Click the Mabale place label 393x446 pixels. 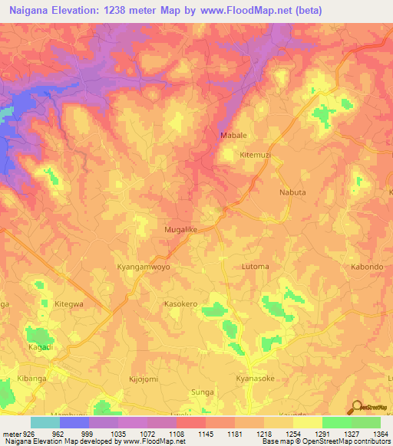[x=233, y=135]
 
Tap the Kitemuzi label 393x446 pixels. [x=256, y=154]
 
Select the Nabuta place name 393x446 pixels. [x=292, y=193]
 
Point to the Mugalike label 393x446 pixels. [x=180, y=228]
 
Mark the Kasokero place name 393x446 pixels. [x=181, y=304]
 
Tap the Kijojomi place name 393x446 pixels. [x=143, y=379]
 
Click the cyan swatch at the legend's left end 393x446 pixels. [x=45, y=422]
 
